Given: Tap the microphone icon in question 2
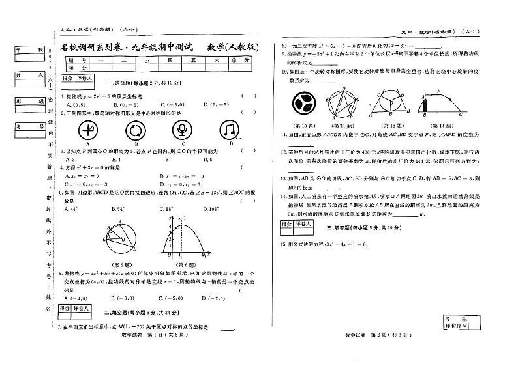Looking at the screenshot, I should pos(183,130).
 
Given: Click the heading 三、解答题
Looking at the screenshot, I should pos(360,228).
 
